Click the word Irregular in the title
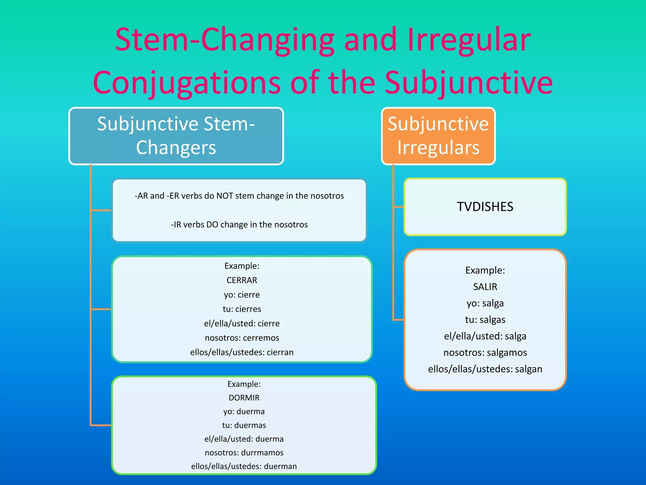pos(469,40)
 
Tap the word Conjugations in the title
pos(187,83)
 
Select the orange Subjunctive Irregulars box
pos(438,136)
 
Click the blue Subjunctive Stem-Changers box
pos(176,136)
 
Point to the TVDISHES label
pos(485,207)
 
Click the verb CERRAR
pos(242,280)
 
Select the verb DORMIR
pos(244,398)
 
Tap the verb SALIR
pos(485,287)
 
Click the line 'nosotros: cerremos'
pos(242,338)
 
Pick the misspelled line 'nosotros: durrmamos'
pos(244,453)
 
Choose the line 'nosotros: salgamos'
pos(485,352)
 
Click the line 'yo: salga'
pos(485,303)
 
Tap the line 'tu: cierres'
pos(242,309)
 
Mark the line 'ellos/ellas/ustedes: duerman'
pos(244,466)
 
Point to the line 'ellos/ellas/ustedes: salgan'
pos(485,369)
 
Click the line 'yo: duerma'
pos(244,411)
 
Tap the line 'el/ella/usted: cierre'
pos(242,324)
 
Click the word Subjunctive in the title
pos(469,83)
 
